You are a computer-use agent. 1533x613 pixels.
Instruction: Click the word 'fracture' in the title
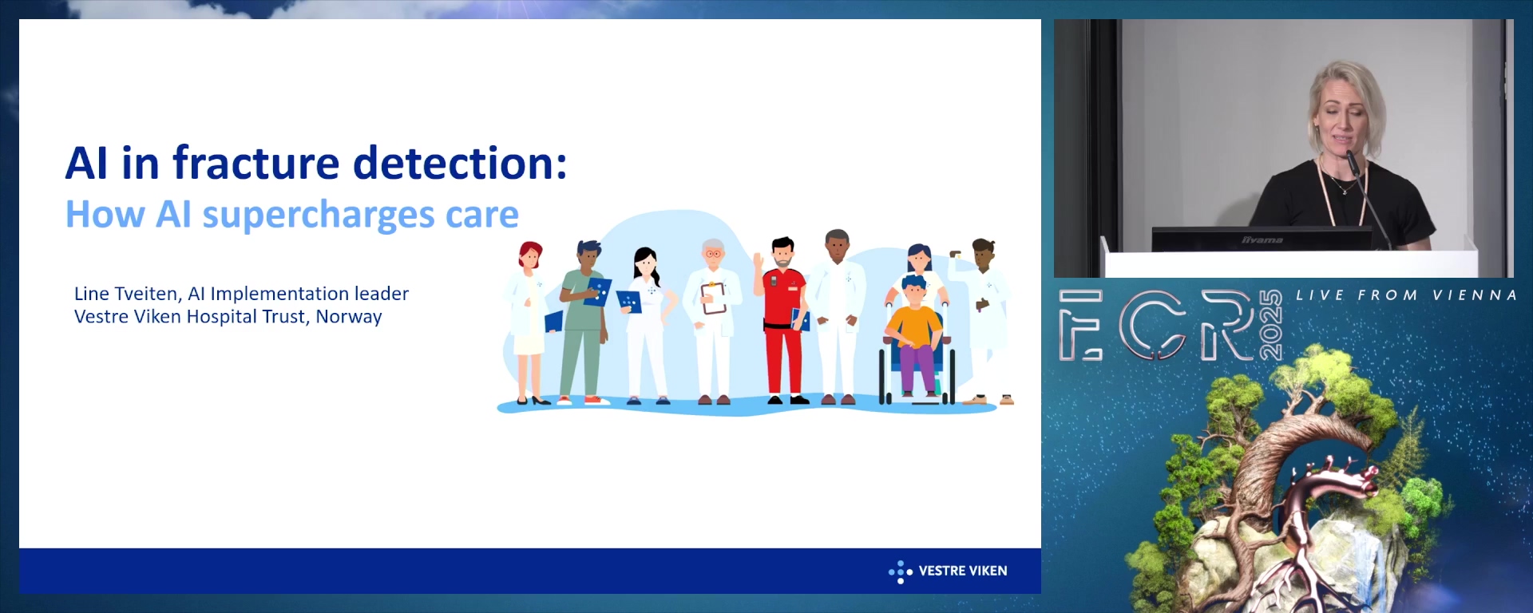pos(256,163)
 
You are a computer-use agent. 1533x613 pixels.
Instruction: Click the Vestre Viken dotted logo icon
pos(901,571)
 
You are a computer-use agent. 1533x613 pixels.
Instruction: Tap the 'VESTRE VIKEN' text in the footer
pos(963,571)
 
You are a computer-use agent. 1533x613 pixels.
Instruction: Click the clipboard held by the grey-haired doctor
pos(713,298)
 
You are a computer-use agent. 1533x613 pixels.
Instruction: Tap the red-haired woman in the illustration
pos(529,323)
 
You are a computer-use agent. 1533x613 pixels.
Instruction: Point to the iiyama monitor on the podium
pos(1262,239)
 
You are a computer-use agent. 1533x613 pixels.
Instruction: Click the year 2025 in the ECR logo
pos(1270,325)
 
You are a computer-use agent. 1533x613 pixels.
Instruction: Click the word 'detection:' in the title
pos(460,163)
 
